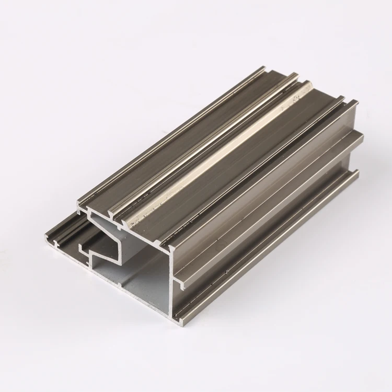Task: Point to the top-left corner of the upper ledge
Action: click(x=78, y=201)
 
